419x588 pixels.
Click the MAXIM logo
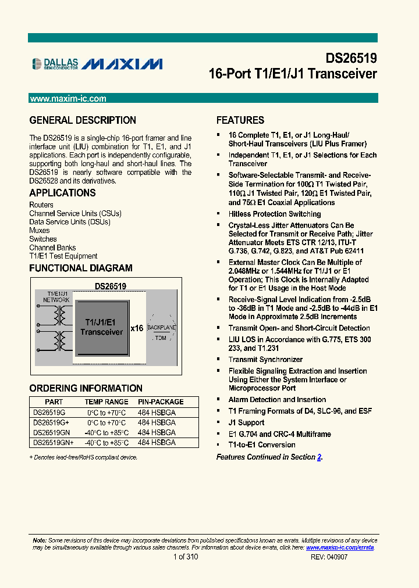tap(122, 64)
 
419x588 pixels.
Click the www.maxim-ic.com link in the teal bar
tap(68, 99)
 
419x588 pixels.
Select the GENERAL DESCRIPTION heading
tap(83, 120)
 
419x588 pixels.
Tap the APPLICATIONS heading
tap(62, 193)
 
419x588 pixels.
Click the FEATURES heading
tap(240, 120)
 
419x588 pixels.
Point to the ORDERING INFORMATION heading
tap(77, 388)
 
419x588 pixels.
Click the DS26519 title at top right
tap(351, 59)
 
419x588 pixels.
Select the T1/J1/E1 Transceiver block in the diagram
tap(102, 328)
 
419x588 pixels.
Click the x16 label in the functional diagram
tap(137, 328)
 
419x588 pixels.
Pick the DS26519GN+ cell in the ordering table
tap(54, 443)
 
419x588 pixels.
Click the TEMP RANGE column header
tap(106, 401)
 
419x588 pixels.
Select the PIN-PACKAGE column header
tap(161, 401)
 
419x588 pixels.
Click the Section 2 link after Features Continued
tap(319, 457)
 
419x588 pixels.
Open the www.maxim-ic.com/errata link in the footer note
tap(340, 547)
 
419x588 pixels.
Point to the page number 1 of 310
tap(186, 557)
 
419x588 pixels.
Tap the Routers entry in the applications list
tap(41, 205)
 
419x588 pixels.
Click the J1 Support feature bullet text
tap(246, 422)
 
